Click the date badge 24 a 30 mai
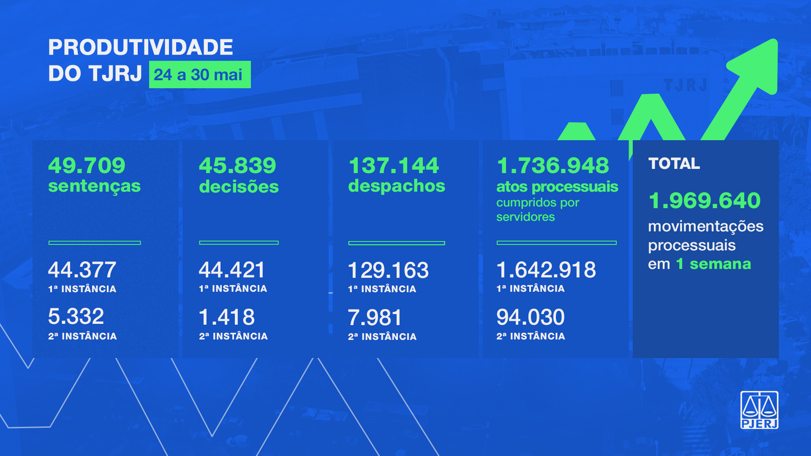point(199,75)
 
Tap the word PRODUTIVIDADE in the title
point(140,47)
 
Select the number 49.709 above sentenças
point(87,165)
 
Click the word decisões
point(239,186)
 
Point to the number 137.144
point(394,165)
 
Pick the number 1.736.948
point(553,165)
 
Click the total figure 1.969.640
point(705,200)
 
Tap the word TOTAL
point(674,163)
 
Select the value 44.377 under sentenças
point(82,270)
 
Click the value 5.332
point(76,316)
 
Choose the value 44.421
point(232,270)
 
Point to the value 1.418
point(227,317)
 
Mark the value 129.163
point(388,270)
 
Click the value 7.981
point(375,318)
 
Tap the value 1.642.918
point(546,270)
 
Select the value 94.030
point(531,317)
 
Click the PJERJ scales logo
point(759,410)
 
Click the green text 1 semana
point(713,264)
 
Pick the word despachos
point(397,186)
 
